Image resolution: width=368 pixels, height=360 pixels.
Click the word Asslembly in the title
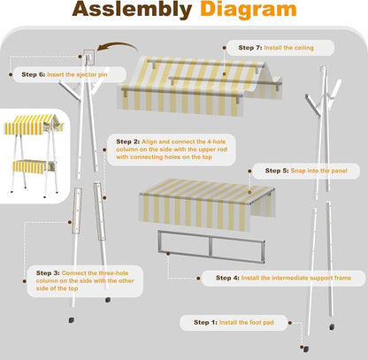click(x=132, y=10)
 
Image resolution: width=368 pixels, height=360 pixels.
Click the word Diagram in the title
click(x=249, y=10)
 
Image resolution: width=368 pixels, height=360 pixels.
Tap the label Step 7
click(x=250, y=48)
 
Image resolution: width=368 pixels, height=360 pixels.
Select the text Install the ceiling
click(x=288, y=48)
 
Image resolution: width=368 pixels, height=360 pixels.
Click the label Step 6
click(x=34, y=74)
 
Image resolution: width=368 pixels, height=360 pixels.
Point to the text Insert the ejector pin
click(x=77, y=74)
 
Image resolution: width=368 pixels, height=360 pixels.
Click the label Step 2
click(x=128, y=142)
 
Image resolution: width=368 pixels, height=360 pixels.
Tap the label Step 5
click(x=277, y=171)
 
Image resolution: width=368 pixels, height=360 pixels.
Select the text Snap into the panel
click(x=318, y=171)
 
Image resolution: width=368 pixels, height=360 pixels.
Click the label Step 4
click(x=227, y=278)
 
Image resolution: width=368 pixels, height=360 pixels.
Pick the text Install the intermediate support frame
click(x=296, y=278)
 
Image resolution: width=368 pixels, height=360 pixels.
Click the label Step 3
click(x=48, y=273)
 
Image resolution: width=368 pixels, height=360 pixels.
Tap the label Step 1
click(x=205, y=322)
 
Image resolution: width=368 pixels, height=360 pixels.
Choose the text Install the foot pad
click(x=246, y=322)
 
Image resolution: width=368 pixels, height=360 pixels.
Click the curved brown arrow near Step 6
click(x=118, y=46)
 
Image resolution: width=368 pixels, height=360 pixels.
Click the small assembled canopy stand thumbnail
click(x=34, y=155)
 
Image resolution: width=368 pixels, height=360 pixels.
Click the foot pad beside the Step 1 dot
click(x=306, y=349)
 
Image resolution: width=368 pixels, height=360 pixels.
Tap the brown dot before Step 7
click(x=225, y=48)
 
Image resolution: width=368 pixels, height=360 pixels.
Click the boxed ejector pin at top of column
click(x=88, y=57)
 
